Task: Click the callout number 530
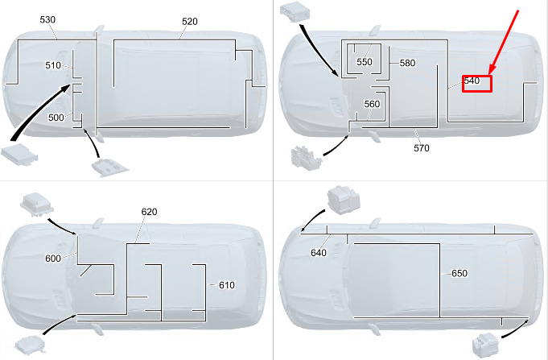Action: (47, 19)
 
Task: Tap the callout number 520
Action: (190, 22)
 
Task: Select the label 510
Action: (53, 65)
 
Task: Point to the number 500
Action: (56, 118)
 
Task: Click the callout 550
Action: (365, 62)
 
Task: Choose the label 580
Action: (407, 63)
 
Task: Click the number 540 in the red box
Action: (472, 81)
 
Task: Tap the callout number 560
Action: (372, 104)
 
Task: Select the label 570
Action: (422, 148)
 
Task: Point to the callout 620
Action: (149, 212)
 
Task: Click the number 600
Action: (53, 259)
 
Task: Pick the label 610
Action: (227, 285)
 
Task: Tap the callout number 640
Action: (319, 253)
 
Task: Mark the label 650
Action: (459, 273)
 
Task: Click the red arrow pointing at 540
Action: (504, 43)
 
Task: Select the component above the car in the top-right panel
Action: (295, 12)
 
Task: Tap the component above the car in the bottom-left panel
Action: (37, 204)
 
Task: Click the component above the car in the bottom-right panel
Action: (344, 200)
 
